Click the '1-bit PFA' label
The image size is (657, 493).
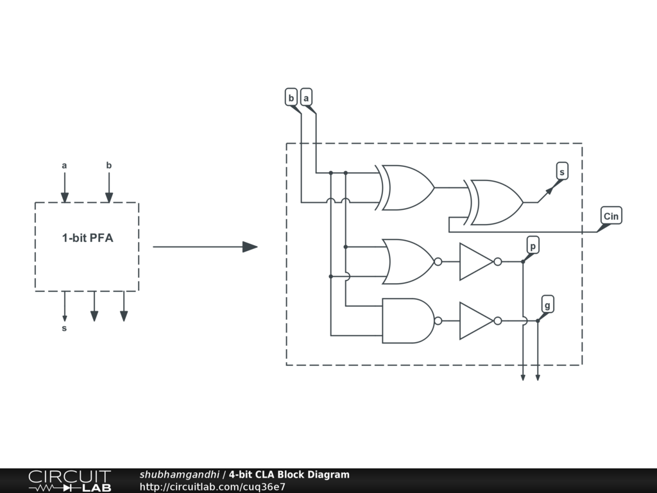[87, 238]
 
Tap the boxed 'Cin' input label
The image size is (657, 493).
[611, 216]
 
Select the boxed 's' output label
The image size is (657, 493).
[562, 171]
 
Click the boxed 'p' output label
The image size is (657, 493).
[533, 246]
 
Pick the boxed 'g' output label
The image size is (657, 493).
[547, 303]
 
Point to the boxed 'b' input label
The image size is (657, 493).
[291, 98]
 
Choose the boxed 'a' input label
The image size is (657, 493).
[307, 98]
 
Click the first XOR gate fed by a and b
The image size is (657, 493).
[408, 187]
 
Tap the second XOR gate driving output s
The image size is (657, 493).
[497, 202]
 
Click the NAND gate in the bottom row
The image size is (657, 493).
[408, 320]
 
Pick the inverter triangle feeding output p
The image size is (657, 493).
[475, 261]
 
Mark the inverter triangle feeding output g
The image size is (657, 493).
[475, 320]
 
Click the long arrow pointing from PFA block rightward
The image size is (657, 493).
[205, 246]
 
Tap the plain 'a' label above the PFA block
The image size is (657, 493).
[64, 166]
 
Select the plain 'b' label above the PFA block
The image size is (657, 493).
[109, 166]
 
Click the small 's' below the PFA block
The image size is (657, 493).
[64, 329]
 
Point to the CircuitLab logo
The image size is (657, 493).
[69, 480]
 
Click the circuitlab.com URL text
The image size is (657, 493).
[212, 487]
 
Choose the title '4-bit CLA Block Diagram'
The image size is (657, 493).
[289, 475]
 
